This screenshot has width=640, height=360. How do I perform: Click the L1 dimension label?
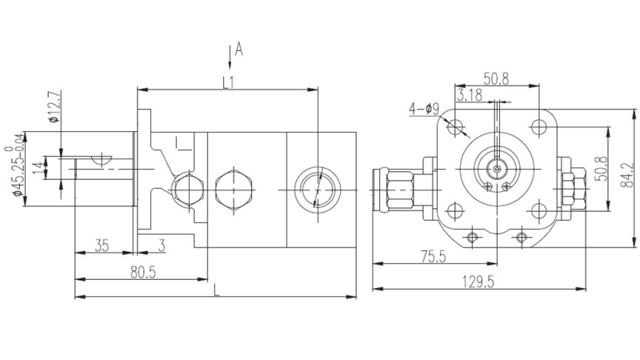tap(229, 82)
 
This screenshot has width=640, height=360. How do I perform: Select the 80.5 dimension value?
tap(144, 271)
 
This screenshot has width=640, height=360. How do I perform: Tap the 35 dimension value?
tap(102, 246)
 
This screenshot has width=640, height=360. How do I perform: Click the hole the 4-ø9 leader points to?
tap(456, 126)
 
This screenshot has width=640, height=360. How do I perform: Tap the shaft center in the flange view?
tap(496, 169)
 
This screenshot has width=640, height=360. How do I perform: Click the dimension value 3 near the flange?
tap(162, 246)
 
